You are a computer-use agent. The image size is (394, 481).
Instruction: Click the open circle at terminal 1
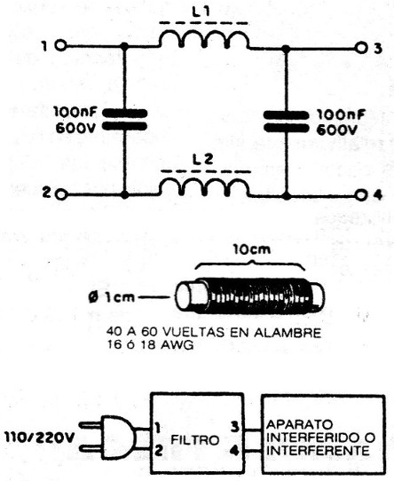60,46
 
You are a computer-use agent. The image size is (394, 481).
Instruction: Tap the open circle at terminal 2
61,194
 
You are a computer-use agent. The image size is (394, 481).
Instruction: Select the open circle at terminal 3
361,48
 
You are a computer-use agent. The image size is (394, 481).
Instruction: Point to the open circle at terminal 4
361,195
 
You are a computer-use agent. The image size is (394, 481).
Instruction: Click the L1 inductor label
201,12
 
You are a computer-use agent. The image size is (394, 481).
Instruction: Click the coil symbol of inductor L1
204,40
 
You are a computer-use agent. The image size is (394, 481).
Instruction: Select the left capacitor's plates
124,120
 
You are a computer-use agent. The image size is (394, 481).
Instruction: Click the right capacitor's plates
286,122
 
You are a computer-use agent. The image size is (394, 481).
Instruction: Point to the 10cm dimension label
252,249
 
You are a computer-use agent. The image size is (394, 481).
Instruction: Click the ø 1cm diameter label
112,297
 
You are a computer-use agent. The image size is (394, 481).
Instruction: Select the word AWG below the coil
180,345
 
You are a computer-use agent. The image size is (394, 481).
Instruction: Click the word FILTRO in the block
195,440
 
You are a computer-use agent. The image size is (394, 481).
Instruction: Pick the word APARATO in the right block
299,424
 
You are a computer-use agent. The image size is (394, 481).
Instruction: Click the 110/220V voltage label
40,438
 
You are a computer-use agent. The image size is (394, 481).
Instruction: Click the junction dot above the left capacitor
124,46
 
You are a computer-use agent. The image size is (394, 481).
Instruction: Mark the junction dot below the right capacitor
287,195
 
